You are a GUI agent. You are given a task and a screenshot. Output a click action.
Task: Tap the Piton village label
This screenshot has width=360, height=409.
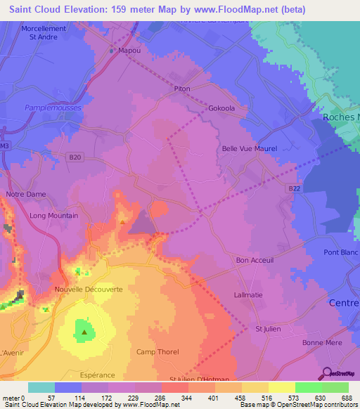pos(182,89)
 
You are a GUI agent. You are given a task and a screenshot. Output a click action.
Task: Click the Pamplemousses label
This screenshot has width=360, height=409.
pos(53,108)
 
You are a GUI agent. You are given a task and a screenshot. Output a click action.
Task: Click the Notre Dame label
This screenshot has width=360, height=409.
pos(25,194)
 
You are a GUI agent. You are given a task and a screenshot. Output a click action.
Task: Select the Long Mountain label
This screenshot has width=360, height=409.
pos(53,216)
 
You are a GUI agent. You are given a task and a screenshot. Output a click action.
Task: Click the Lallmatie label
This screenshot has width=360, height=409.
pos(248,295)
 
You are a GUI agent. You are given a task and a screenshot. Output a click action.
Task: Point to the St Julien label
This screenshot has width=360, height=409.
pos(268,328)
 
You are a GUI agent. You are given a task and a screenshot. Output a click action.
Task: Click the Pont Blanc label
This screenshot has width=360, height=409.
pos(340,252)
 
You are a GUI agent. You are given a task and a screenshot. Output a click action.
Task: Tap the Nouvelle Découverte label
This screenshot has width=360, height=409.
pos(89,290)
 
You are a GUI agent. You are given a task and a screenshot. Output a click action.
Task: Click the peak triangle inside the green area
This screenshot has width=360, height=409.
pos(84,332)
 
